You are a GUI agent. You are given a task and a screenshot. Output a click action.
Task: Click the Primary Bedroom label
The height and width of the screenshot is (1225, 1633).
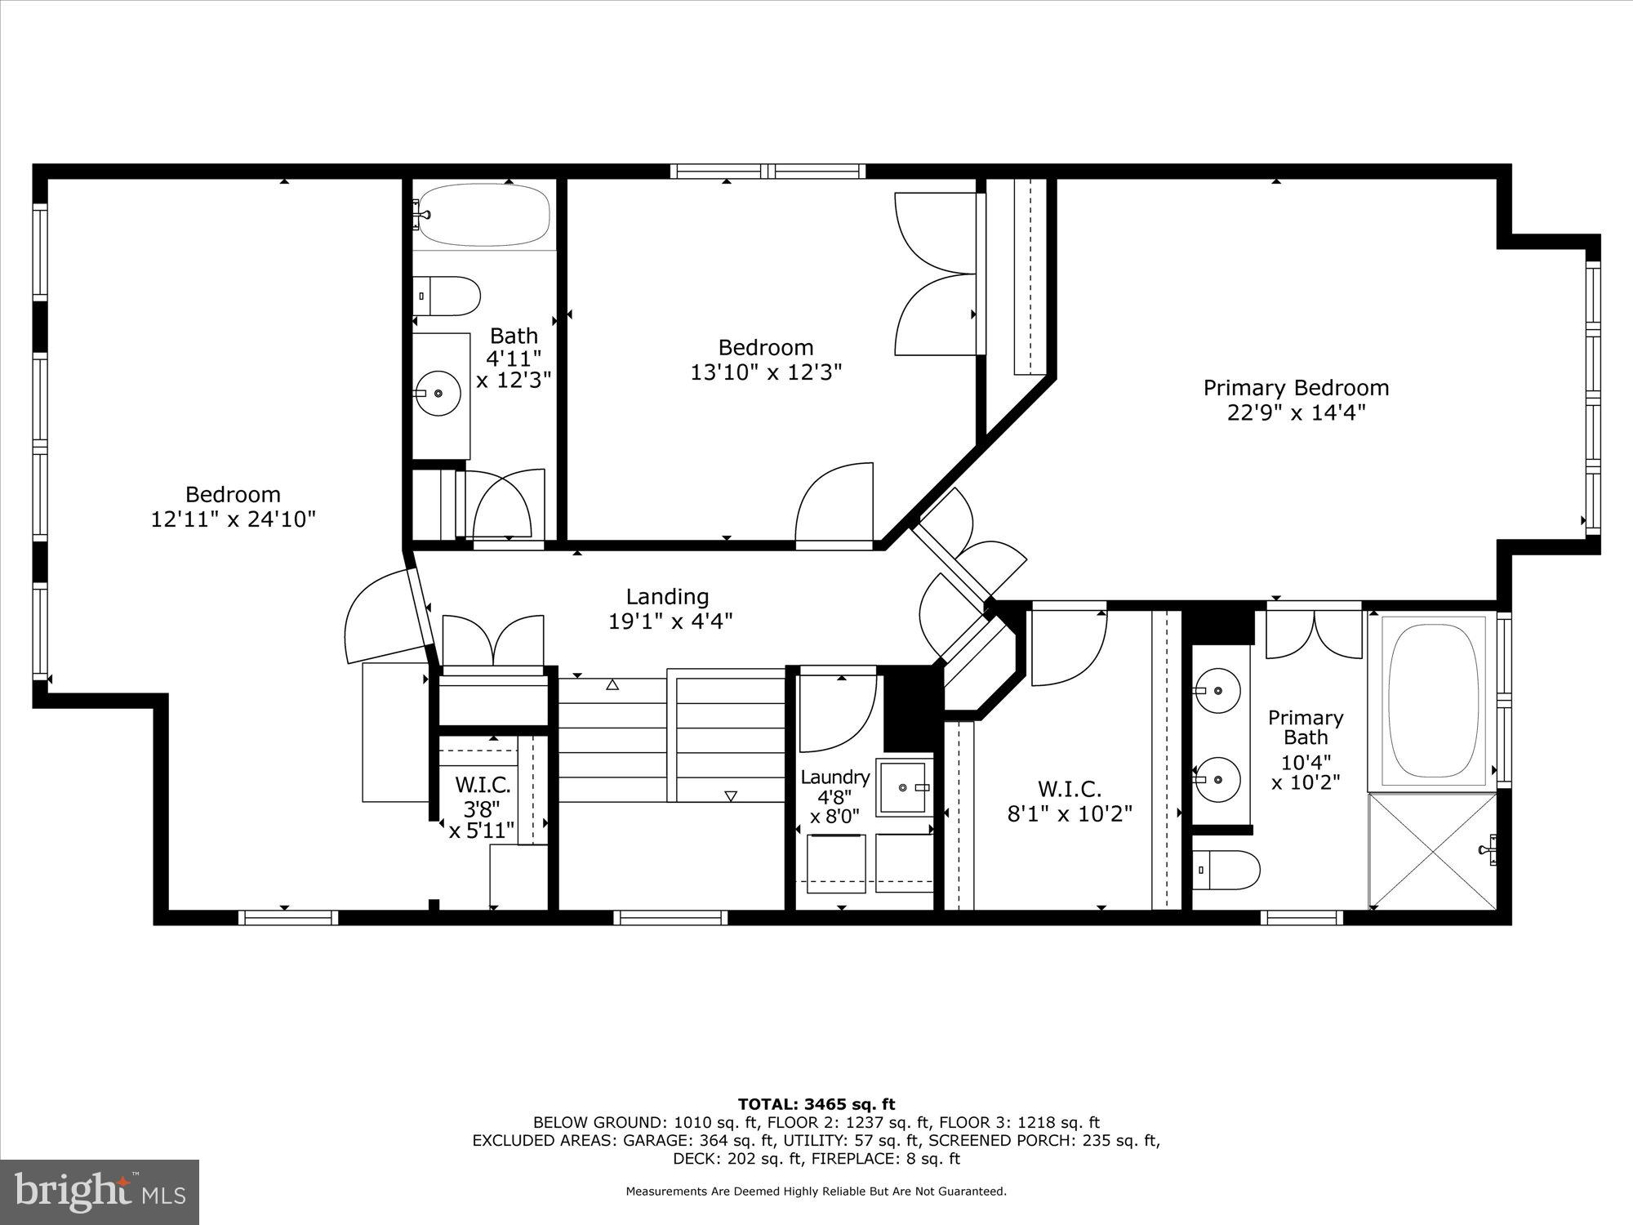click(x=1296, y=388)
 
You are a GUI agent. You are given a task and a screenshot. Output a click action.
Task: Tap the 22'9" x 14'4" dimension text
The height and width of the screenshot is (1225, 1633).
click(x=1296, y=412)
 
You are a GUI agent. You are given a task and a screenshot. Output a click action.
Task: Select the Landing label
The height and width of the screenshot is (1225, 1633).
click(x=667, y=597)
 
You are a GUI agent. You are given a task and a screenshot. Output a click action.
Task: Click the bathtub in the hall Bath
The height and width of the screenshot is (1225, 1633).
click(x=484, y=215)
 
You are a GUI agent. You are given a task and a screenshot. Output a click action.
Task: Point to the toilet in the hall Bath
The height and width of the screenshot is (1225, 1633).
click(x=446, y=296)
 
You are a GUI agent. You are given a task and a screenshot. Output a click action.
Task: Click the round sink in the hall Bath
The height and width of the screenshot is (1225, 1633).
click(x=438, y=393)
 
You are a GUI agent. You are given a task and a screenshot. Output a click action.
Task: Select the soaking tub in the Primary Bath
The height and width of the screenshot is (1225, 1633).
click(x=1434, y=702)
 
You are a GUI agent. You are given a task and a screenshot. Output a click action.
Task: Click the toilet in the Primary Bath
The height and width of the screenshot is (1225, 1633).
click(x=1225, y=871)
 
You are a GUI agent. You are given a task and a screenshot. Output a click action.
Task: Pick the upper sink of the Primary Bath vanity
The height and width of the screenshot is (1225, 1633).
click(x=1217, y=690)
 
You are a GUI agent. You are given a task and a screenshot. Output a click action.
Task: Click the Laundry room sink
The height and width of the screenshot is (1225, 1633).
click(x=903, y=788)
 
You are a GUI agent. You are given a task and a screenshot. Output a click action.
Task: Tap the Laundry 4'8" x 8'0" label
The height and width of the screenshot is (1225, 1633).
click(x=834, y=797)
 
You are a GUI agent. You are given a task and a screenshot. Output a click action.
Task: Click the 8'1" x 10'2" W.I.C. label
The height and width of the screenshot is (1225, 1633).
click(x=1070, y=802)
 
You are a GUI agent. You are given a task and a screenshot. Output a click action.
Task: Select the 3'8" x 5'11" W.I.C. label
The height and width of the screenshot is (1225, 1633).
click(x=483, y=808)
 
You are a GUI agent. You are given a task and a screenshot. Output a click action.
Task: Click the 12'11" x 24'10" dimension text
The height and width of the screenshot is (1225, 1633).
click(x=234, y=519)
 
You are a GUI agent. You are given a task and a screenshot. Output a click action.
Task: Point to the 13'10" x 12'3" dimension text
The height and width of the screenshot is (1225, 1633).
click(x=766, y=372)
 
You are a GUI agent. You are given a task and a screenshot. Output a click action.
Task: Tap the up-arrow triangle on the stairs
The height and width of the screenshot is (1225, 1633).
click(x=612, y=686)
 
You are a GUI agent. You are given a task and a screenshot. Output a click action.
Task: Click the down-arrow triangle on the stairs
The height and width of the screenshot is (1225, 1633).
click(x=731, y=795)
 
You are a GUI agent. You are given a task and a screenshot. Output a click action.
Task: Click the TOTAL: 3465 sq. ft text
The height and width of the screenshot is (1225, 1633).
click(x=816, y=1104)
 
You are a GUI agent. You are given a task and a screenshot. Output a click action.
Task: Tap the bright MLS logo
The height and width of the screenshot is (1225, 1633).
click(x=100, y=1192)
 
